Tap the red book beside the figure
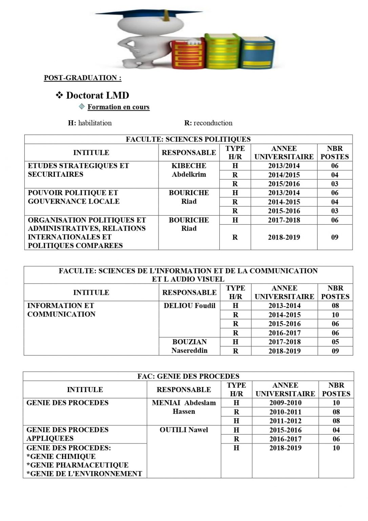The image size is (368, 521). point(188,54)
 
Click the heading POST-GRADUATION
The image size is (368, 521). point(83,78)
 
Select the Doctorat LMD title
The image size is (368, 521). point(98,95)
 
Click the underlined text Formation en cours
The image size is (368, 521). point(118,107)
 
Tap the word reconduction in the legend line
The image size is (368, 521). point(213,123)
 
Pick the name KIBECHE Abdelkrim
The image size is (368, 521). point(189,170)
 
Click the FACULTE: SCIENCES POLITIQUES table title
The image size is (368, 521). point(188,139)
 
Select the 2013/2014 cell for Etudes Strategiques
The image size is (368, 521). point(284,166)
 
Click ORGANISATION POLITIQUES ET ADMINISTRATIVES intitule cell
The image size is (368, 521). point(87,232)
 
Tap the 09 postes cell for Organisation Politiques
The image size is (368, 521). point(335,237)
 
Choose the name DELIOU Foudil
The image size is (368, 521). point(189,306)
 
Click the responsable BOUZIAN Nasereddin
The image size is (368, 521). point(189,346)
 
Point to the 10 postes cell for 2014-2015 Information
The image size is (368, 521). point(335,315)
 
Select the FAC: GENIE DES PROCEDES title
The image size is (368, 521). point(188,376)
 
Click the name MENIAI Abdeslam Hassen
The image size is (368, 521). point(184,407)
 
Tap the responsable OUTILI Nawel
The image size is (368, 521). point(184,430)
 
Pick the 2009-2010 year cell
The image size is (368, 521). point(285,403)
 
